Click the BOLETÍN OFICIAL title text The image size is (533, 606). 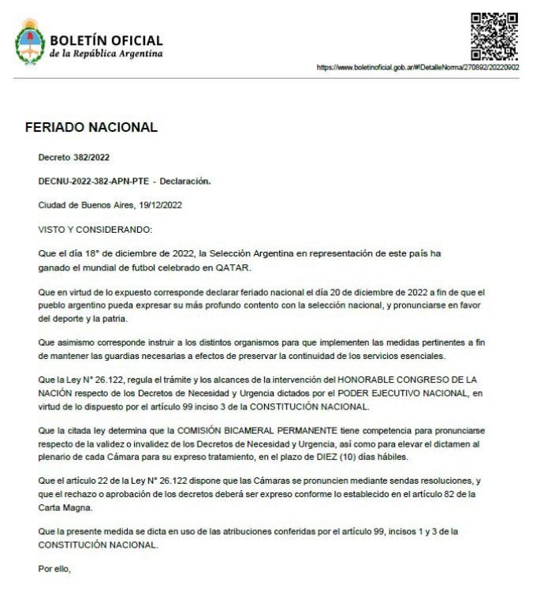click(106, 40)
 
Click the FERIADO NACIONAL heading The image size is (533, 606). click(91, 127)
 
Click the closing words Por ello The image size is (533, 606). click(54, 566)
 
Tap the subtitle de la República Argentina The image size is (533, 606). click(106, 54)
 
